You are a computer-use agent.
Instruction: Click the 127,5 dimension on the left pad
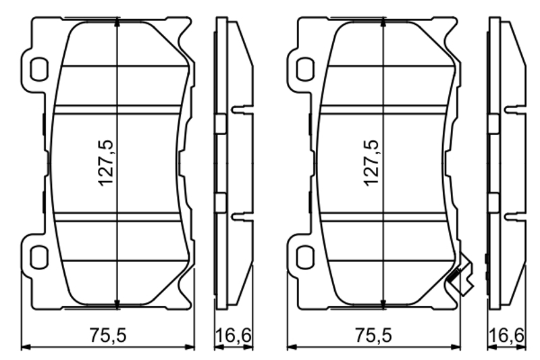106,163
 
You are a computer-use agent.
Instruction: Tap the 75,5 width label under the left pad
108,335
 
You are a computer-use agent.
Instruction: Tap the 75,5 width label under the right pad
374,335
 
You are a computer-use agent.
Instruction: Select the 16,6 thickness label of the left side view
234,335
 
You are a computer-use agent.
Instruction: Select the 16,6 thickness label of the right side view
507,335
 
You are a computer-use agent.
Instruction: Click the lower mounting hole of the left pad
39,257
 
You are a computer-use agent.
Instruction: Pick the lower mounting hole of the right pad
305,257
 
